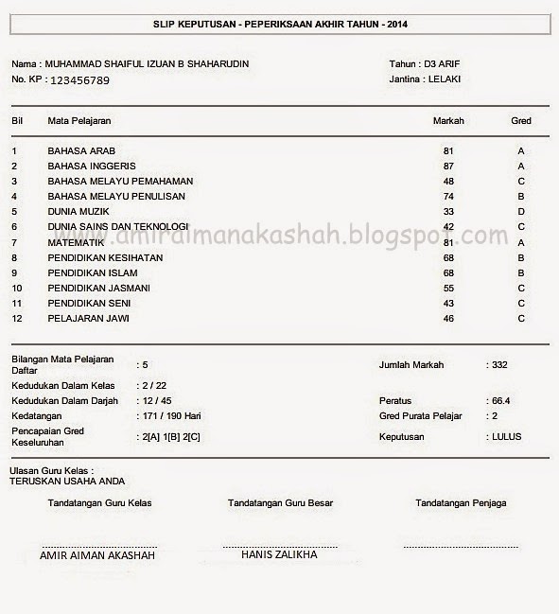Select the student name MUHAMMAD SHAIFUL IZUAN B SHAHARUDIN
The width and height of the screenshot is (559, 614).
pos(147,64)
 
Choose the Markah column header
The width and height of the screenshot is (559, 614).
pos(447,121)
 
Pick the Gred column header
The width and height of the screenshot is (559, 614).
pos(520,121)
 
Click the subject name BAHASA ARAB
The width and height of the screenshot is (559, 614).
pos(81,151)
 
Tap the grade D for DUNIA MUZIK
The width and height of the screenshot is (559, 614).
pos(521,212)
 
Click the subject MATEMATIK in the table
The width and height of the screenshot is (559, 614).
pos(76,242)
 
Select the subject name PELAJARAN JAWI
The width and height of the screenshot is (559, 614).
pos(89,319)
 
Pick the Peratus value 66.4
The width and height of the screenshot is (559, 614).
pos(501,401)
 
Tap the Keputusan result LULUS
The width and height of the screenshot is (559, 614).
pos(506,437)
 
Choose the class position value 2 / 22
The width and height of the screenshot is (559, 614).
pos(154,386)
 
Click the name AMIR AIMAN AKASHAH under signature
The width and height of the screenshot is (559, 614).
pos(97,555)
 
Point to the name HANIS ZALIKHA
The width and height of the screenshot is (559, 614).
pos(279,555)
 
